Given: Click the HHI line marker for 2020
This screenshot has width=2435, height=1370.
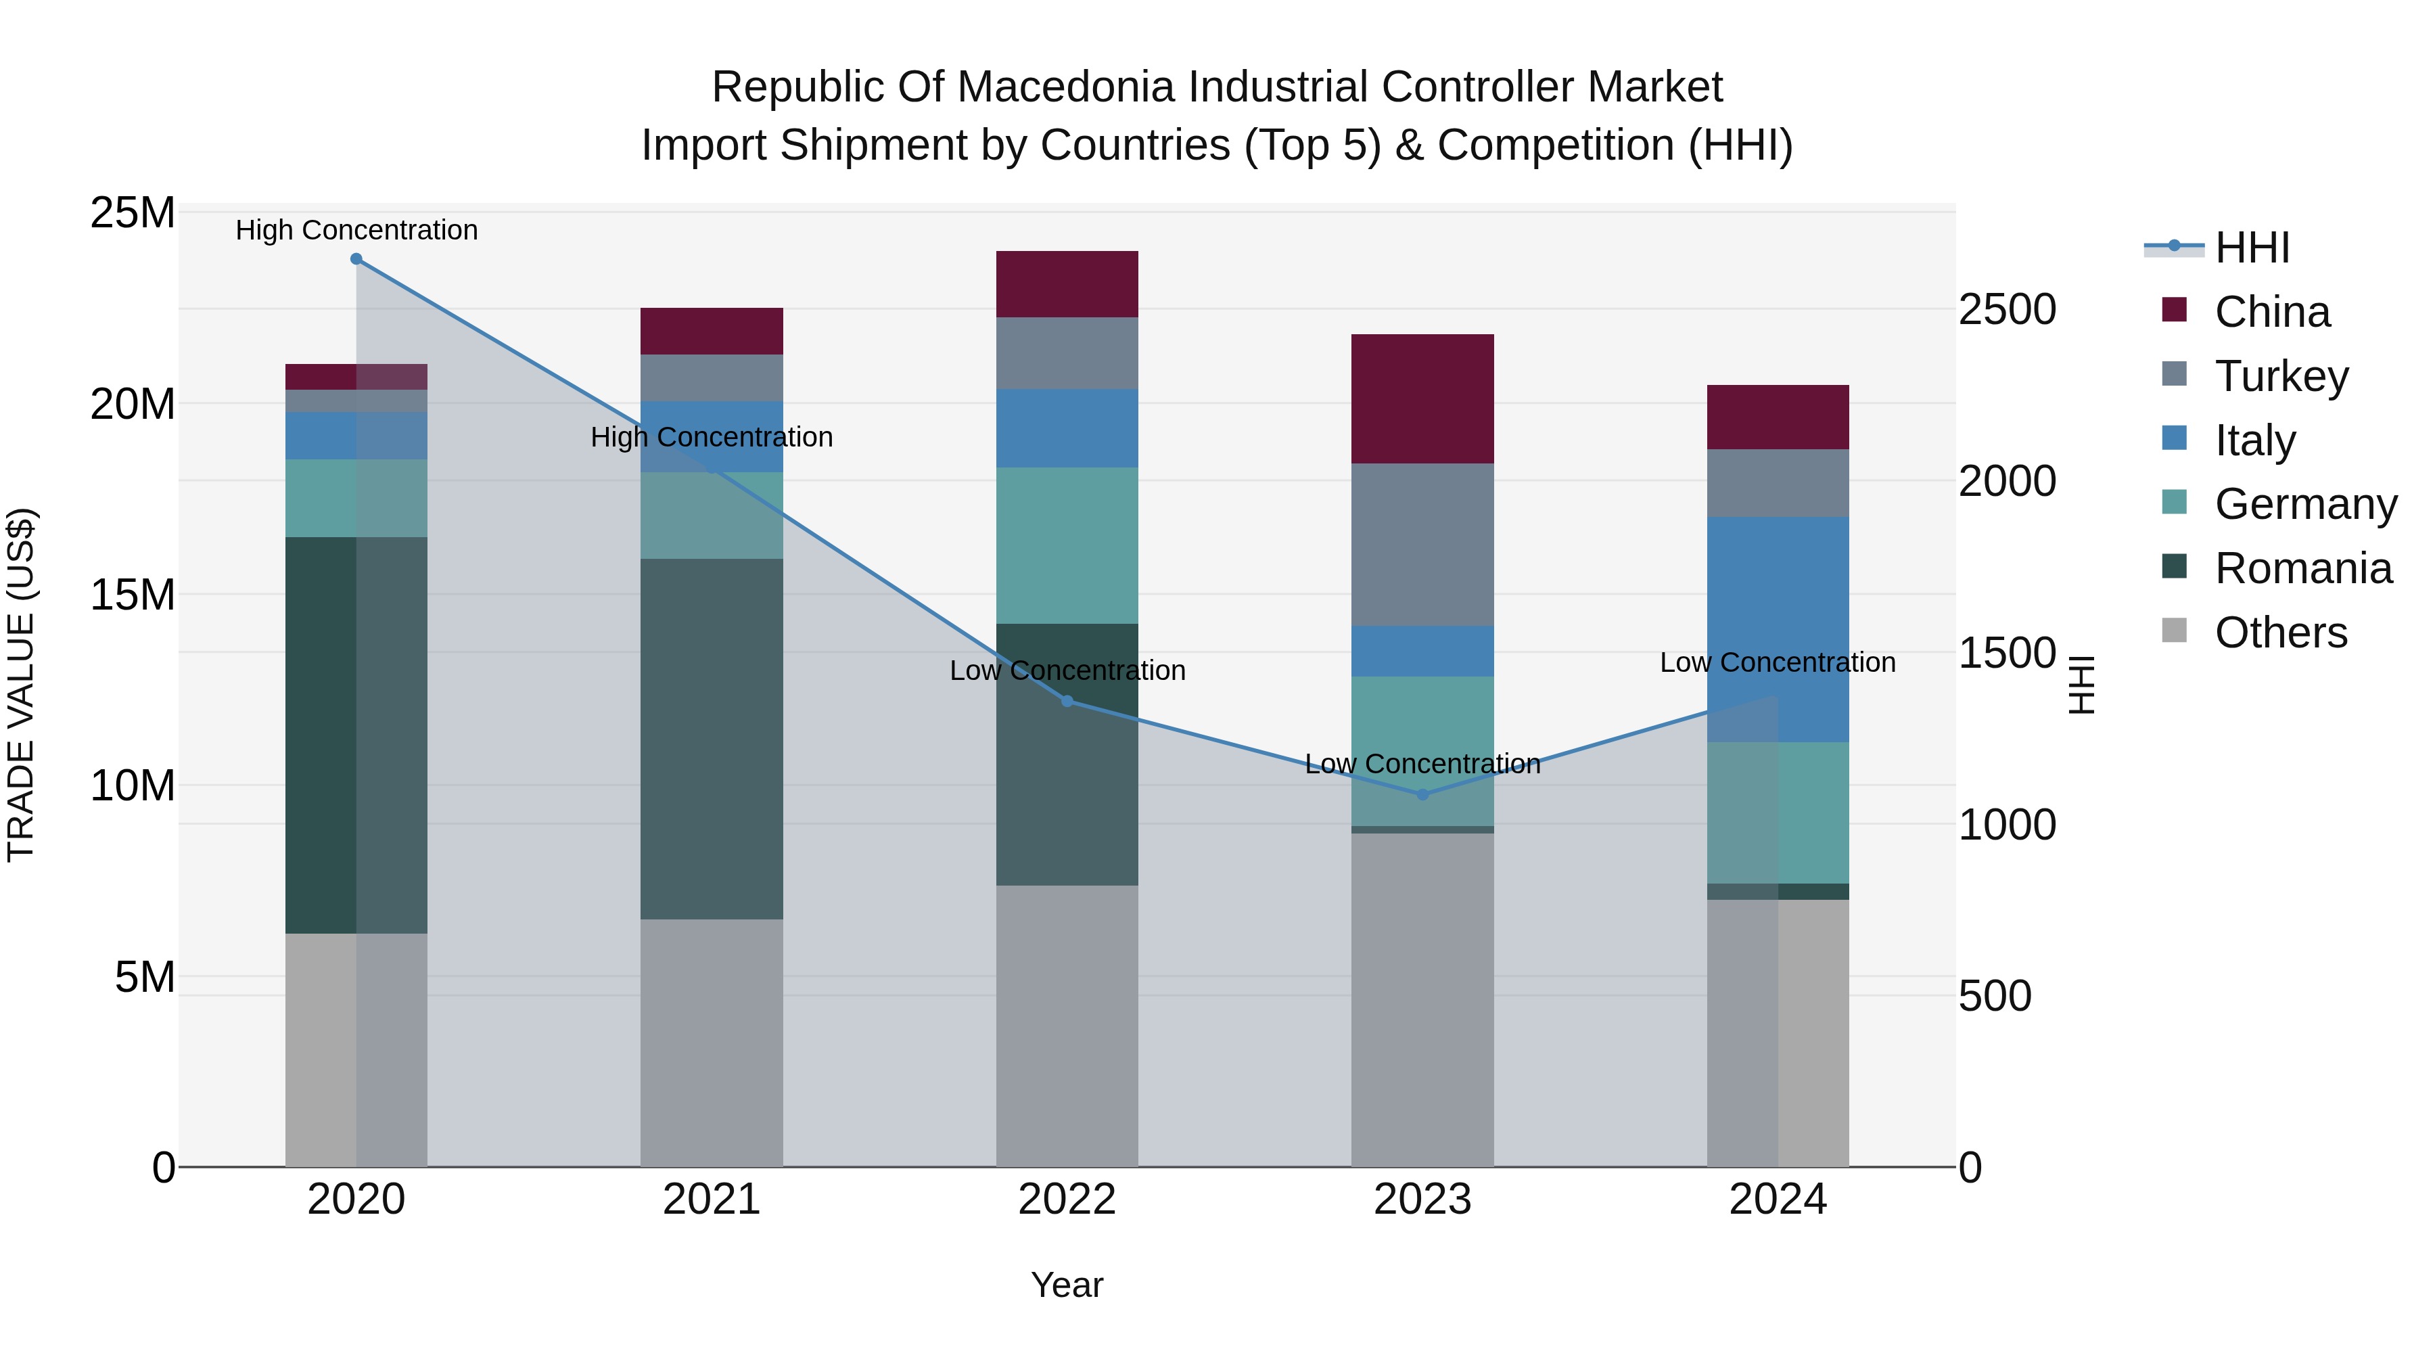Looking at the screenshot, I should point(356,259).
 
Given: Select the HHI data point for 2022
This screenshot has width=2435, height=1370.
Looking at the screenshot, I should point(1067,702).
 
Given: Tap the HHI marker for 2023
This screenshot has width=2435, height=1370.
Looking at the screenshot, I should point(1422,795).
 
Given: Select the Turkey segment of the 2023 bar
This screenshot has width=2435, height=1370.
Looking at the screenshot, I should point(1422,544).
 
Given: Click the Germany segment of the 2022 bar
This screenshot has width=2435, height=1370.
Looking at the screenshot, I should point(1067,545).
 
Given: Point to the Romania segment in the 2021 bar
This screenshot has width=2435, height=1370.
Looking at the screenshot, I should point(712,738).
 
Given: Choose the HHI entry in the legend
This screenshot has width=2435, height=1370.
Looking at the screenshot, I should point(2252,248).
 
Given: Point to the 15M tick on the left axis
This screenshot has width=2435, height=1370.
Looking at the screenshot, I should point(133,595).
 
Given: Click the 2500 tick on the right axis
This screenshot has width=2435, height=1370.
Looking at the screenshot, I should point(2007,309).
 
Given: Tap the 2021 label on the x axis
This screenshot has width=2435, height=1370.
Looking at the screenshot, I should point(712,1200).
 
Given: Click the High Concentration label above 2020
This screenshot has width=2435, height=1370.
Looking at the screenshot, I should point(356,230).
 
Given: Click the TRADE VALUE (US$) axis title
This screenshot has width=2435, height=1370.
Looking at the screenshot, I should point(21,685).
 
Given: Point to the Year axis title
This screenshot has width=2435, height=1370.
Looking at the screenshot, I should point(1067,1285).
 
